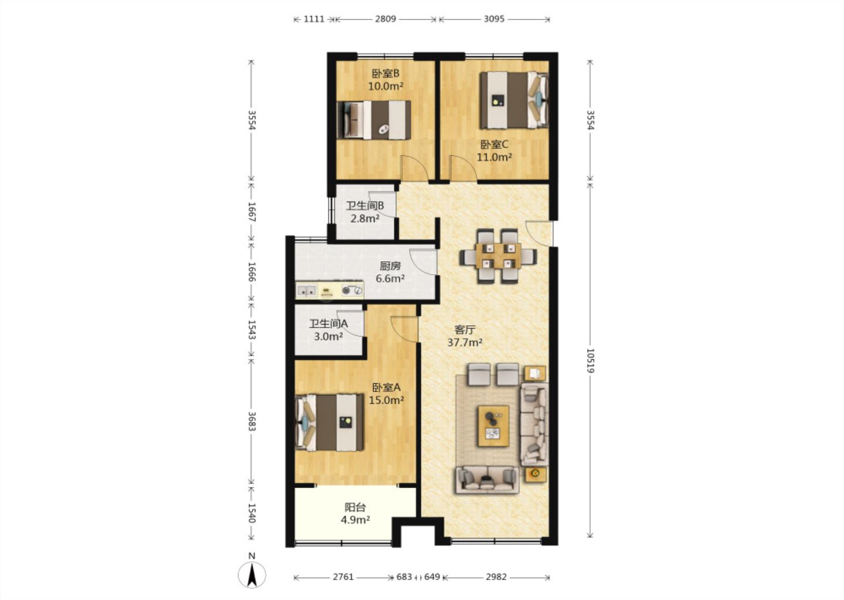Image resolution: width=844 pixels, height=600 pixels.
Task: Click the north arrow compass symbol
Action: click(x=251, y=574)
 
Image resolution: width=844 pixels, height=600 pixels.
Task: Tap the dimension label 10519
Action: click(x=590, y=361)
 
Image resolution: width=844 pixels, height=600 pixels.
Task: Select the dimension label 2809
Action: click(x=385, y=19)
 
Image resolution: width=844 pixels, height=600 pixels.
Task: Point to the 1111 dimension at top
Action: click(x=314, y=19)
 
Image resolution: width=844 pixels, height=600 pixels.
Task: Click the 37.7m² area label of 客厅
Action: click(x=465, y=342)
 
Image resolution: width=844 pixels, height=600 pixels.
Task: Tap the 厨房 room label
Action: click(x=390, y=266)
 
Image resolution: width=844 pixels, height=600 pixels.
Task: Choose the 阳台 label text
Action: click(x=355, y=507)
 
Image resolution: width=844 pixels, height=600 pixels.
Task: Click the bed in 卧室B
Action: click(x=374, y=120)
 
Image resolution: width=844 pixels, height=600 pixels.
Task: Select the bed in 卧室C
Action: click(x=513, y=100)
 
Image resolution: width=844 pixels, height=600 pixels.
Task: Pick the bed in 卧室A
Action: click(x=330, y=422)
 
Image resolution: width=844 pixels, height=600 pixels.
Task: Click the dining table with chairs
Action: click(x=498, y=255)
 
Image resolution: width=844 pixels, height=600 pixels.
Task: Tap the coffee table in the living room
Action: click(x=494, y=426)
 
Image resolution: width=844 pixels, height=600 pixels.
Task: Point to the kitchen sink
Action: click(x=307, y=291)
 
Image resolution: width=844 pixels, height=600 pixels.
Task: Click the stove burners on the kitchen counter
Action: click(x=352, y=290)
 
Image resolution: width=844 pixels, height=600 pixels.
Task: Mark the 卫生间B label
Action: click(x=365, y=206)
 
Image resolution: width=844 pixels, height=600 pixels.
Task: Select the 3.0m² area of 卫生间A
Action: click(x=328, y=336)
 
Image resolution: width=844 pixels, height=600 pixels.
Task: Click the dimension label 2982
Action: click(x=496, y=577)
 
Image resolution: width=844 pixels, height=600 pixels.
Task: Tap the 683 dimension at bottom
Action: click(x=404, y=577)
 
